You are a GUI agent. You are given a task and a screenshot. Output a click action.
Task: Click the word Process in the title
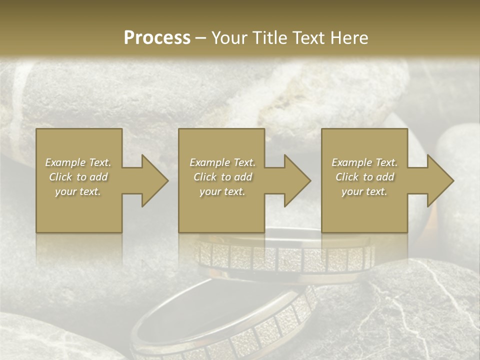pyautogui.click(x=157, y=38)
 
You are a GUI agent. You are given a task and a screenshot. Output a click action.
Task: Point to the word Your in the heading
pyautogui.click(x=229, y=38)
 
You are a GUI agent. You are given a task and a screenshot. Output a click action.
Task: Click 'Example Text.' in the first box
pyautogui.click(x=78, y=162)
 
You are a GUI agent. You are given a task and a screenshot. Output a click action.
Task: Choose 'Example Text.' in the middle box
pyautogui.click(x=222, y=162)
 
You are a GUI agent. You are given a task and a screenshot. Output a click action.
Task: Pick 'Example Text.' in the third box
pyautogui.click(x=364, y=162)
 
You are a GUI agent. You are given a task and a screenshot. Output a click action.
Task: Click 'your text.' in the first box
pyautogui.click(x=78, y=191)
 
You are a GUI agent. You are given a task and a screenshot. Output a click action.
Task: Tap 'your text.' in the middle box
pyautogui.click(x=222, y=191)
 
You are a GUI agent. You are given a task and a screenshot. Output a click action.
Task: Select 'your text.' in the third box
pyautogui.click(x=364, y=191)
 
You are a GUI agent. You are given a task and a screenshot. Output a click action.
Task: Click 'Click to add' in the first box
pyautogui.click(x=78, y=177)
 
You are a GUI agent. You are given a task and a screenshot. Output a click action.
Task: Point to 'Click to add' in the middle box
pyautogui.click(x=222, y=177)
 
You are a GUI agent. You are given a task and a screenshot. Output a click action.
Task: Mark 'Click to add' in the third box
pyautogui.click(x=364, y=177)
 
